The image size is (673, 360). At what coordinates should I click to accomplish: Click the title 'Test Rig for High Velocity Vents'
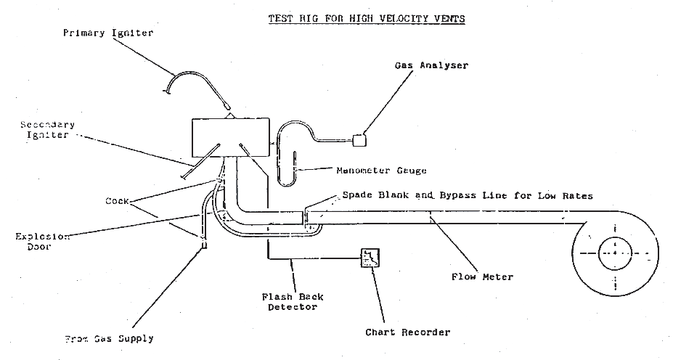pos(367,17)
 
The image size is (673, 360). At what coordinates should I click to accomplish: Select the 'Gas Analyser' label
pos(431,65)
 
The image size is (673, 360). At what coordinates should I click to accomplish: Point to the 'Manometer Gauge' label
pos(381,171)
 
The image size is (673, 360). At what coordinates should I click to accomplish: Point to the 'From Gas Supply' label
pos(108,338)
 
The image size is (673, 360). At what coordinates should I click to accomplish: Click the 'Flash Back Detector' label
pos(293,302)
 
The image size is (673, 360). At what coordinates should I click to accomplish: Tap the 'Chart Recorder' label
pos(407,332)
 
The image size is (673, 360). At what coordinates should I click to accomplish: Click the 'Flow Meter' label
pos(482,277)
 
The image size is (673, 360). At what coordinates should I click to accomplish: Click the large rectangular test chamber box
pos(230,136)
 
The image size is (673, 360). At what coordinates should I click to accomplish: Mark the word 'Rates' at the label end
pos(576,196)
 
